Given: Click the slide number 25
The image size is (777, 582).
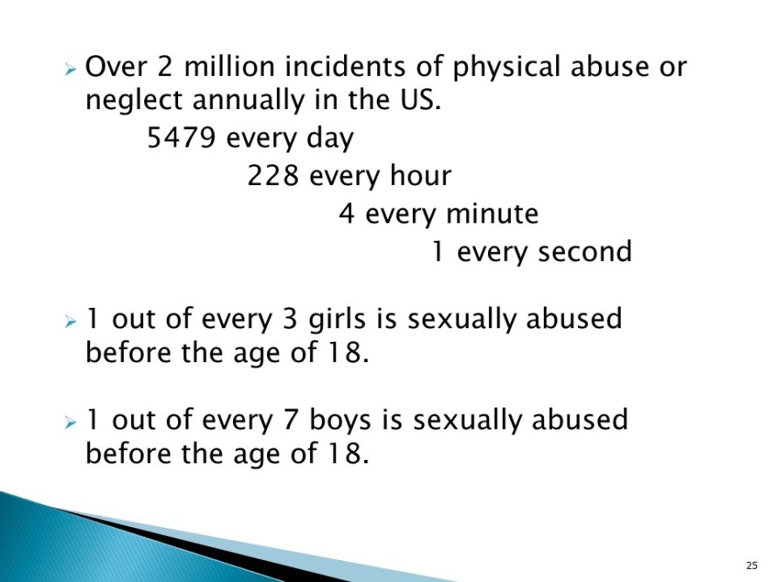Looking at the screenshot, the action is click(x=752, y=565).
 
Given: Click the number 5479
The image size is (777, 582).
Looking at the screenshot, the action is click(x=182, y=137).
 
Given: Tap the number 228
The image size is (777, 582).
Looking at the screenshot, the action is click(x=273, y=175).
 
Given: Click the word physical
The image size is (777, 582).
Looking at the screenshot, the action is click(x=507, y=69).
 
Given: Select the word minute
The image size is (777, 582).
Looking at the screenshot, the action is click(x=492, y=214).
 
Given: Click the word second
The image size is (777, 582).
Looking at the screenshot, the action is click(x=585, y=251).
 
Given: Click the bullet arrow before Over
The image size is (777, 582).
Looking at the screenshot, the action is click(x=71, y=69).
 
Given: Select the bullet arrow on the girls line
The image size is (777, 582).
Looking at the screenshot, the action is click(x=71, y=322).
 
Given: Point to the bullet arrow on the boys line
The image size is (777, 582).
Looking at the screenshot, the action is click(x=71, y=422).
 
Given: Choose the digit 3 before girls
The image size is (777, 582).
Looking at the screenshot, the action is click(x=290, y=318).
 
